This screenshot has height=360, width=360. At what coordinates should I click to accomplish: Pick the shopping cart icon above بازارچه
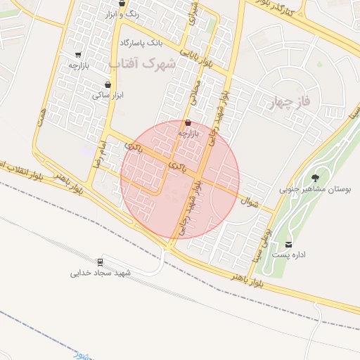(77, 54)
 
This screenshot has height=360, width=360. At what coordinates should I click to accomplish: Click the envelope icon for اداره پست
(289, 244)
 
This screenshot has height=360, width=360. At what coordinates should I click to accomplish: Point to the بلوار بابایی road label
(194, 52)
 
